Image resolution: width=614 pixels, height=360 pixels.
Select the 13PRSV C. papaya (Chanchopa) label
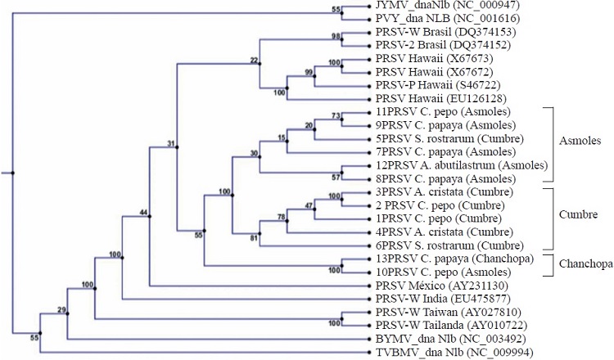443,259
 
